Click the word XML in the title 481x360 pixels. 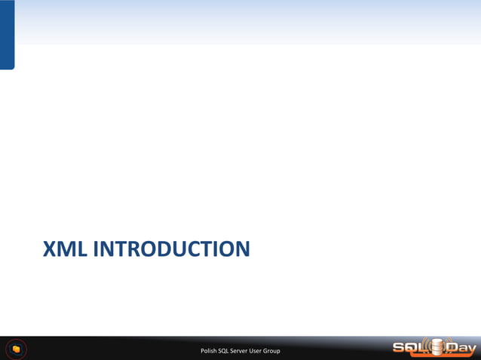(x=66, y=248)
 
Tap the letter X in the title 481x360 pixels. (x=50, y=248)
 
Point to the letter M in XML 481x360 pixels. (x=66, y=248)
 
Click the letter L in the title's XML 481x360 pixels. (x=81, y=248)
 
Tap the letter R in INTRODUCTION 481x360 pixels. (x=137, y=248)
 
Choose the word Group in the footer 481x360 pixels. (x=281, y=351)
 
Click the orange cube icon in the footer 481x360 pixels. (x=16, y=349)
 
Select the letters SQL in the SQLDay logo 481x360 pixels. (x=409, y=348)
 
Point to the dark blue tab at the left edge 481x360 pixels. (x=7, y=34)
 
